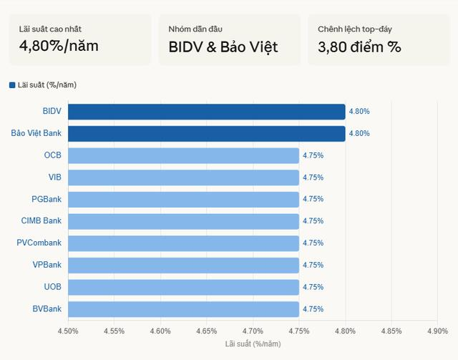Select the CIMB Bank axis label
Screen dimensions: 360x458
[42, 220]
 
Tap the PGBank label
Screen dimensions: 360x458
[47, 199]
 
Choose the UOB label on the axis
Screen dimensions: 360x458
[52, 286]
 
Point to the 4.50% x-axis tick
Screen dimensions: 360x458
[68, 331]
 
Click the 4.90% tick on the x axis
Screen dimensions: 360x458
[437, 331]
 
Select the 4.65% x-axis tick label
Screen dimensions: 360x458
[206, 331]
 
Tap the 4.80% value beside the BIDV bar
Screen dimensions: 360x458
[359, 112]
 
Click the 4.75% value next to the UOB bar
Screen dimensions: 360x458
[313, 287]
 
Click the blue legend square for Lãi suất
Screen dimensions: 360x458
[12, 85]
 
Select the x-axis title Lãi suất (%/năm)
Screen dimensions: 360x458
[253, 344]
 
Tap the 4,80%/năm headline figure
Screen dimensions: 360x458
[59, 47]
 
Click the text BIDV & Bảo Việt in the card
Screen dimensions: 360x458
[223, 47]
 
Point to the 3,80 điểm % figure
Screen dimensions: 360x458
[359, 47]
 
